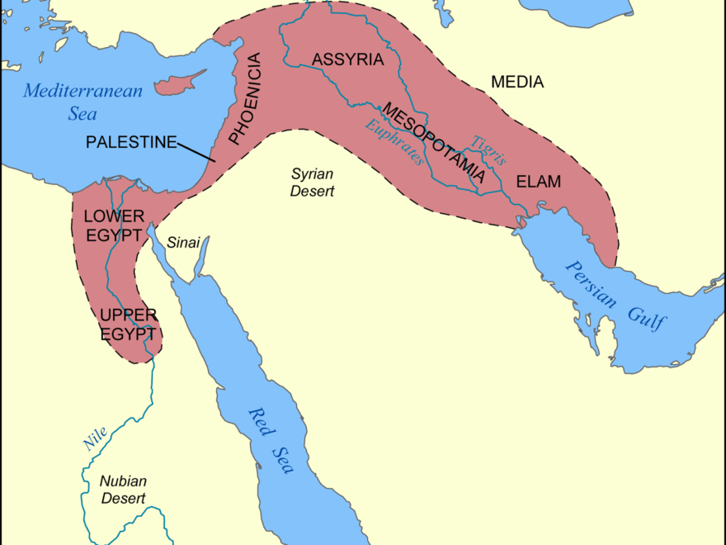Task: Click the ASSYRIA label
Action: [347, 59]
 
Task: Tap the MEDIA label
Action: [517, 82]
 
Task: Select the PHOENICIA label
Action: [246, 99]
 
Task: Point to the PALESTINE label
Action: [131, 142]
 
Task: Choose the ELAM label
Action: [538, 182]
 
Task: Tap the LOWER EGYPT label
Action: [115, 224]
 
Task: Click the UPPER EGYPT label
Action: [127, 325]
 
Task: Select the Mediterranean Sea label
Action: [82, 102]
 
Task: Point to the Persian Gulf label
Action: [615, 295]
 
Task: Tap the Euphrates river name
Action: [395, 141]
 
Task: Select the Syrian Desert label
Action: [312, 182]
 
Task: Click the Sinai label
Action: [183, 243]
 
